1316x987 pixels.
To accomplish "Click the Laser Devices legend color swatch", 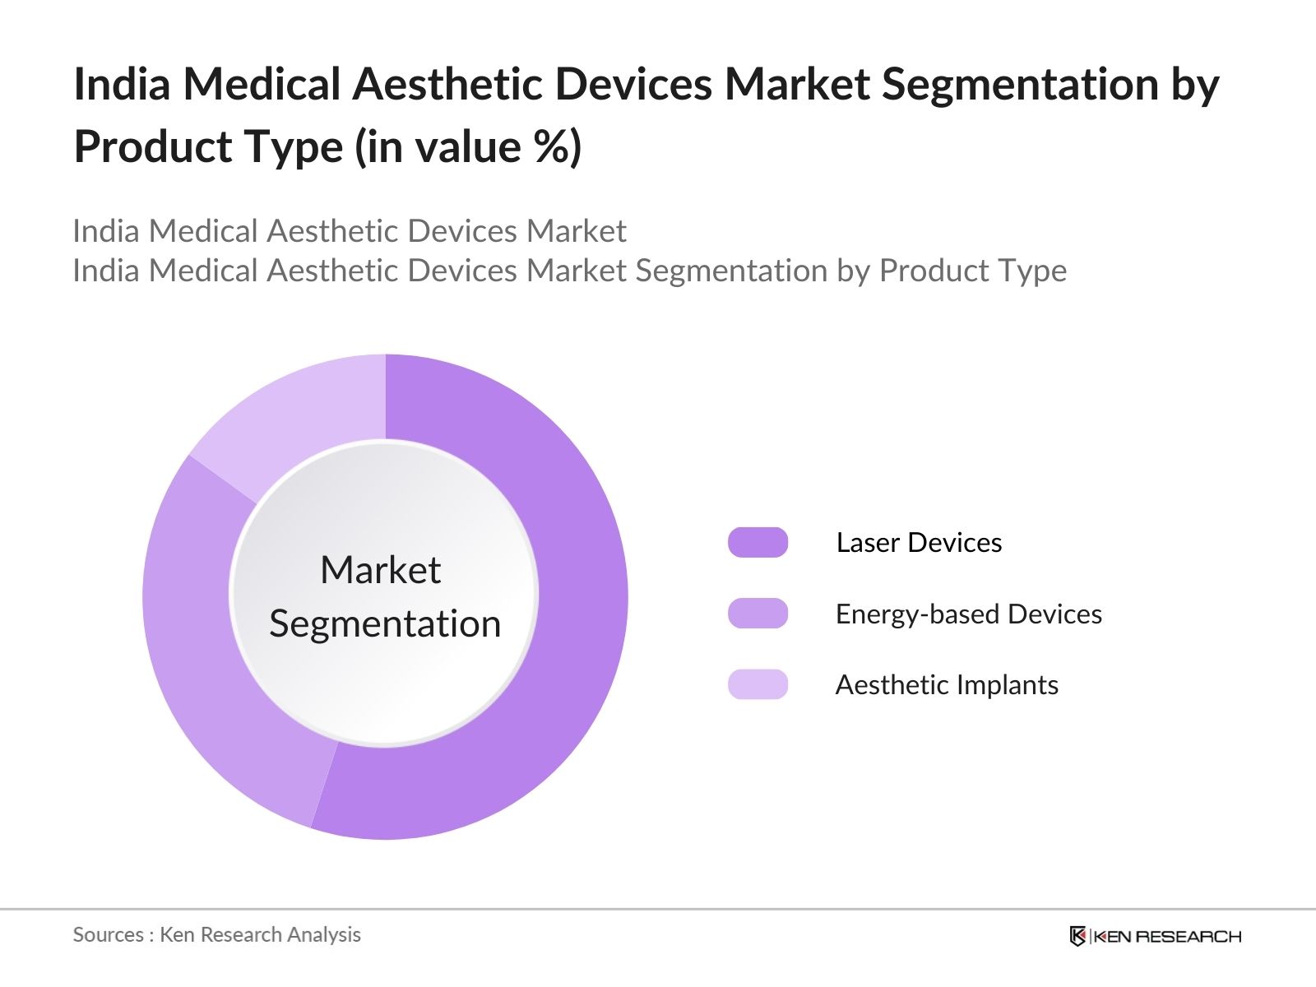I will pos(758,543).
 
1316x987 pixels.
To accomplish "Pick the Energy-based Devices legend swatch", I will pos(758,614).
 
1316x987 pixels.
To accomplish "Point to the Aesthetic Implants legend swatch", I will pos(758,684).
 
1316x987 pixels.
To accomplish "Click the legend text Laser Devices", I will pos(919,543).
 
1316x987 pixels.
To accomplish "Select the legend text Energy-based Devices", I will pos(968,614).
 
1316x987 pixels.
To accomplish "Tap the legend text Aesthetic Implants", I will pos(946,684).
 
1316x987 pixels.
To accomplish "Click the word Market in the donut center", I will pos(380,570).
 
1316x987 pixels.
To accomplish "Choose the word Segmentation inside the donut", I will pos(385,623).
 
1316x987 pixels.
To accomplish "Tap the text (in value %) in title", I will pos(468,148).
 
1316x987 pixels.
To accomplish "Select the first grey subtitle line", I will pos(350,231).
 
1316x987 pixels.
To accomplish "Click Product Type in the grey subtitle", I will pos(972,271).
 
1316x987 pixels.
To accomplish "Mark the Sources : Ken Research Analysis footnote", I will pos(216,934).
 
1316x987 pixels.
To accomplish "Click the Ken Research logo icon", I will pos(1077,936).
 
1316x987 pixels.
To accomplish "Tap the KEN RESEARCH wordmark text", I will pos(1166,936).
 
